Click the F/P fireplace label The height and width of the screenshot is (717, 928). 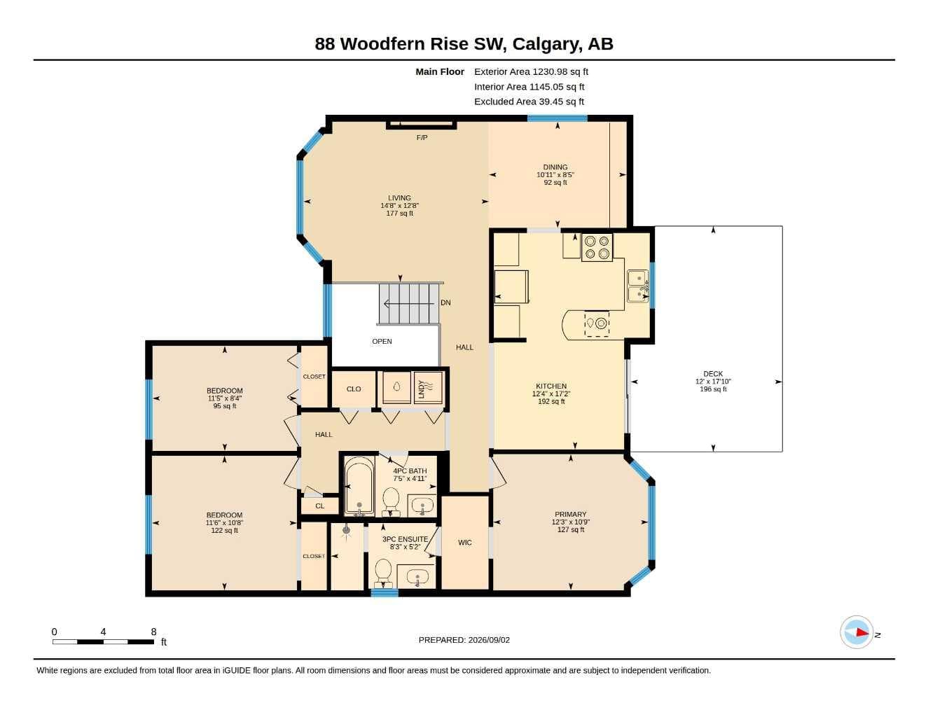[422, 137]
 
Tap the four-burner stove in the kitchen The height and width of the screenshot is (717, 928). [597, 247]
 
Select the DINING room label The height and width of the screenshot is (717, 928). [555, 167]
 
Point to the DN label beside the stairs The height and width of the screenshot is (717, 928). [445, 302]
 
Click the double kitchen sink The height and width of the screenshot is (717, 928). [638, 286]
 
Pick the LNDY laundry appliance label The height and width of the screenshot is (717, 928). [422, 389]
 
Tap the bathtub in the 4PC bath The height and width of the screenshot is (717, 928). [359, 486]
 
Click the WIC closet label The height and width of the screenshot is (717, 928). [464, 543]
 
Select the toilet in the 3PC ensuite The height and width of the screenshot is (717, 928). [383, 574]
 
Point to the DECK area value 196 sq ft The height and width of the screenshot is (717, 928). [713, 389]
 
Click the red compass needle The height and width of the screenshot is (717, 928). [861, 632]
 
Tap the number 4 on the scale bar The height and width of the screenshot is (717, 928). [103, 632]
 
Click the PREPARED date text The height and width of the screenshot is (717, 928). [464, 640]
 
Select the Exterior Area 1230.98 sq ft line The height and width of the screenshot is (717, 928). [531, 71]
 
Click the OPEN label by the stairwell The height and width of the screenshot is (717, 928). [382, 342]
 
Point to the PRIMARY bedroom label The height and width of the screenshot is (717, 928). [571, 514]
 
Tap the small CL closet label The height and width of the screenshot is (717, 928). [320, 506]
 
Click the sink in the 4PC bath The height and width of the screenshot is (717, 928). [422, 507]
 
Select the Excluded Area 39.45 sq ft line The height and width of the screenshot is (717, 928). [529, 102]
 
